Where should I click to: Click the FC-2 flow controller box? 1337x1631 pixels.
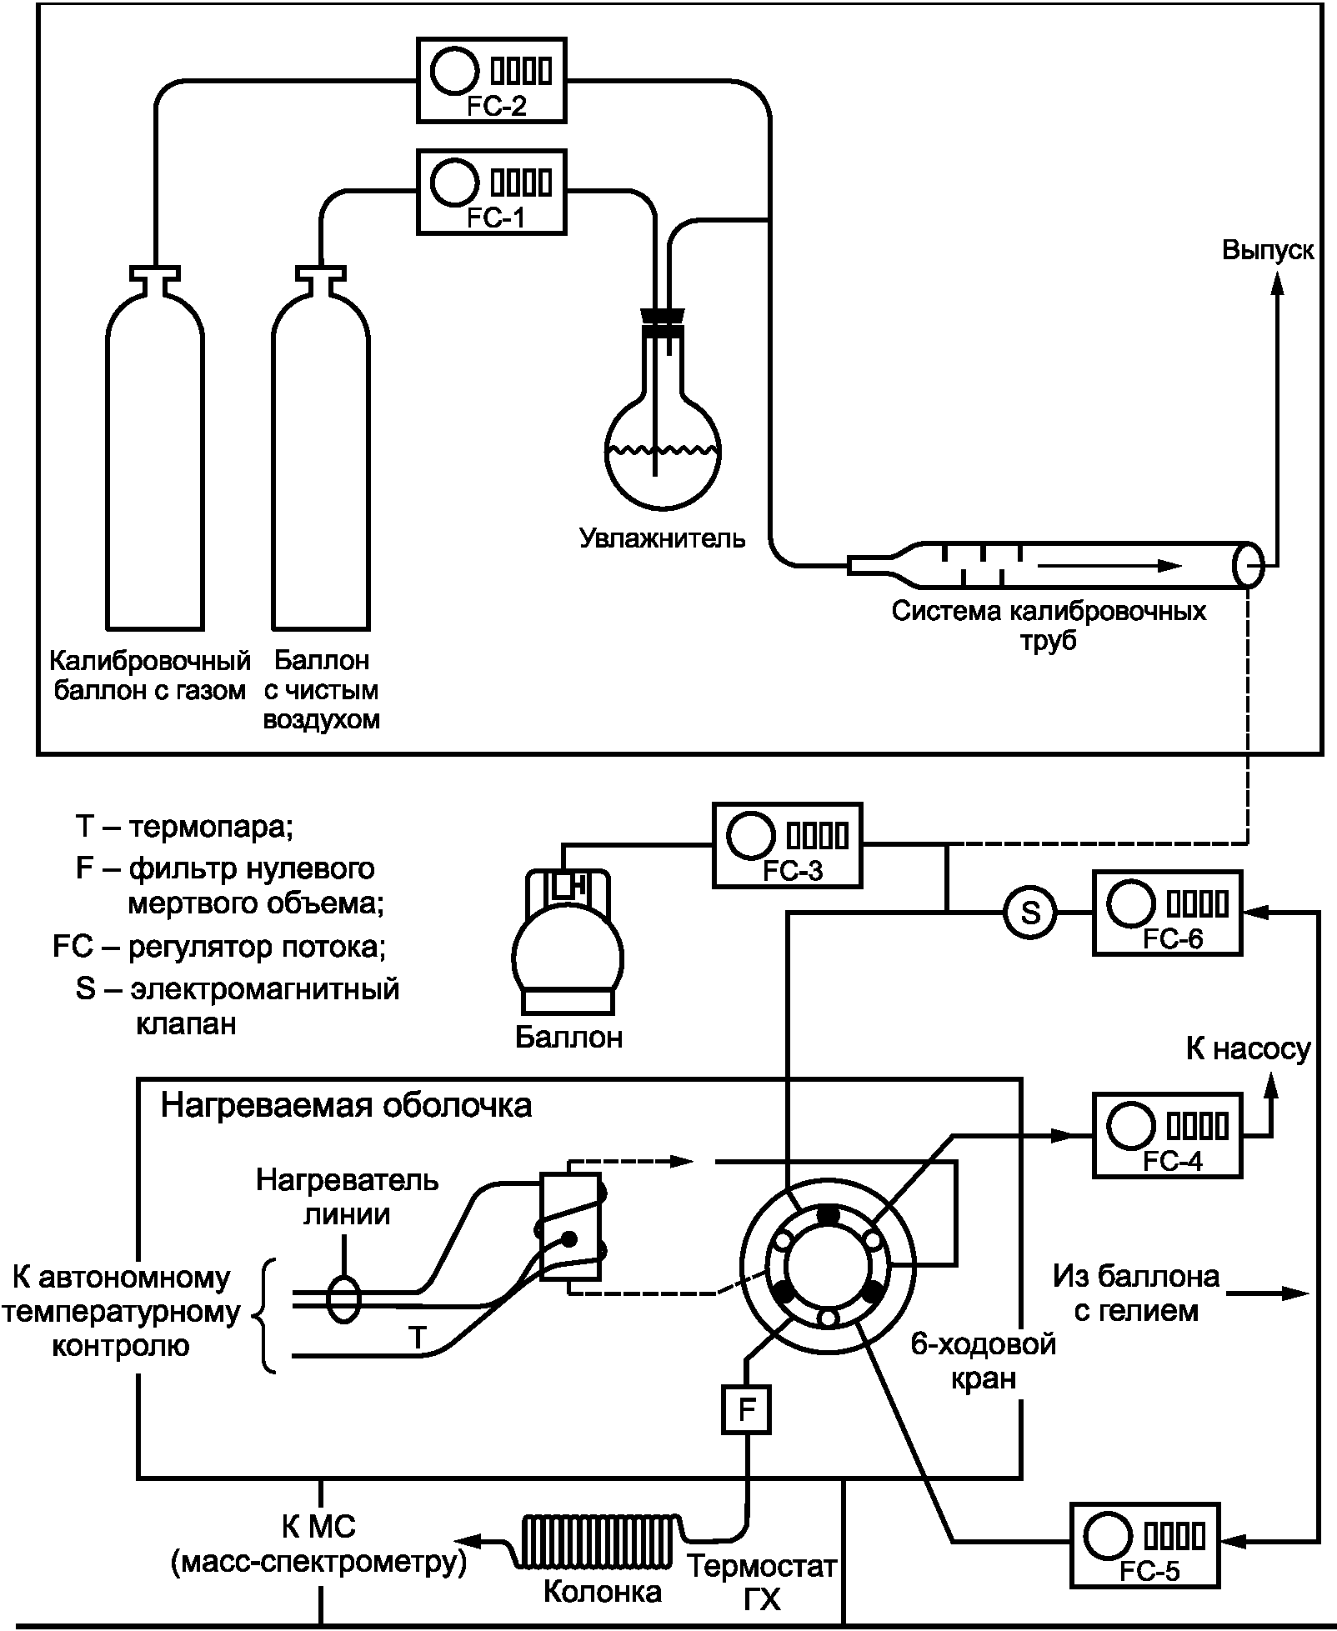point(491,80)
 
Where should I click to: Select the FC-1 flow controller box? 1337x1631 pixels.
point(491,192)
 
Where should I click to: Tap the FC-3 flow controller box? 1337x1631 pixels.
point(787,844)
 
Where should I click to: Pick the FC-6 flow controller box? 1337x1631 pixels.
point(1167,913)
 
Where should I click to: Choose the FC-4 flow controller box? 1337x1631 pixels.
point(1167,1134)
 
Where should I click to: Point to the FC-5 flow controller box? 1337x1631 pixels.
point(1144,1543)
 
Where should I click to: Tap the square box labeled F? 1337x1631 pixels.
point(746,1410)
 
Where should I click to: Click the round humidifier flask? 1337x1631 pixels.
point(663,450)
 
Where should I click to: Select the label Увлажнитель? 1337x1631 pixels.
point(663,538)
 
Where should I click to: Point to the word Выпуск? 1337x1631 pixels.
point(1268,250)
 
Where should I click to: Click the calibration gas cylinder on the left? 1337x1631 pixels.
point(155,467)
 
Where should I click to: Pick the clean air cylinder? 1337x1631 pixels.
point(321,467)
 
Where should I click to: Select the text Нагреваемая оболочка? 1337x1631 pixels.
point(346,1106)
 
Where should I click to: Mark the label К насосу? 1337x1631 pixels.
point(1248,1048)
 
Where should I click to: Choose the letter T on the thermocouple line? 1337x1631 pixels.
point(418,1338)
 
